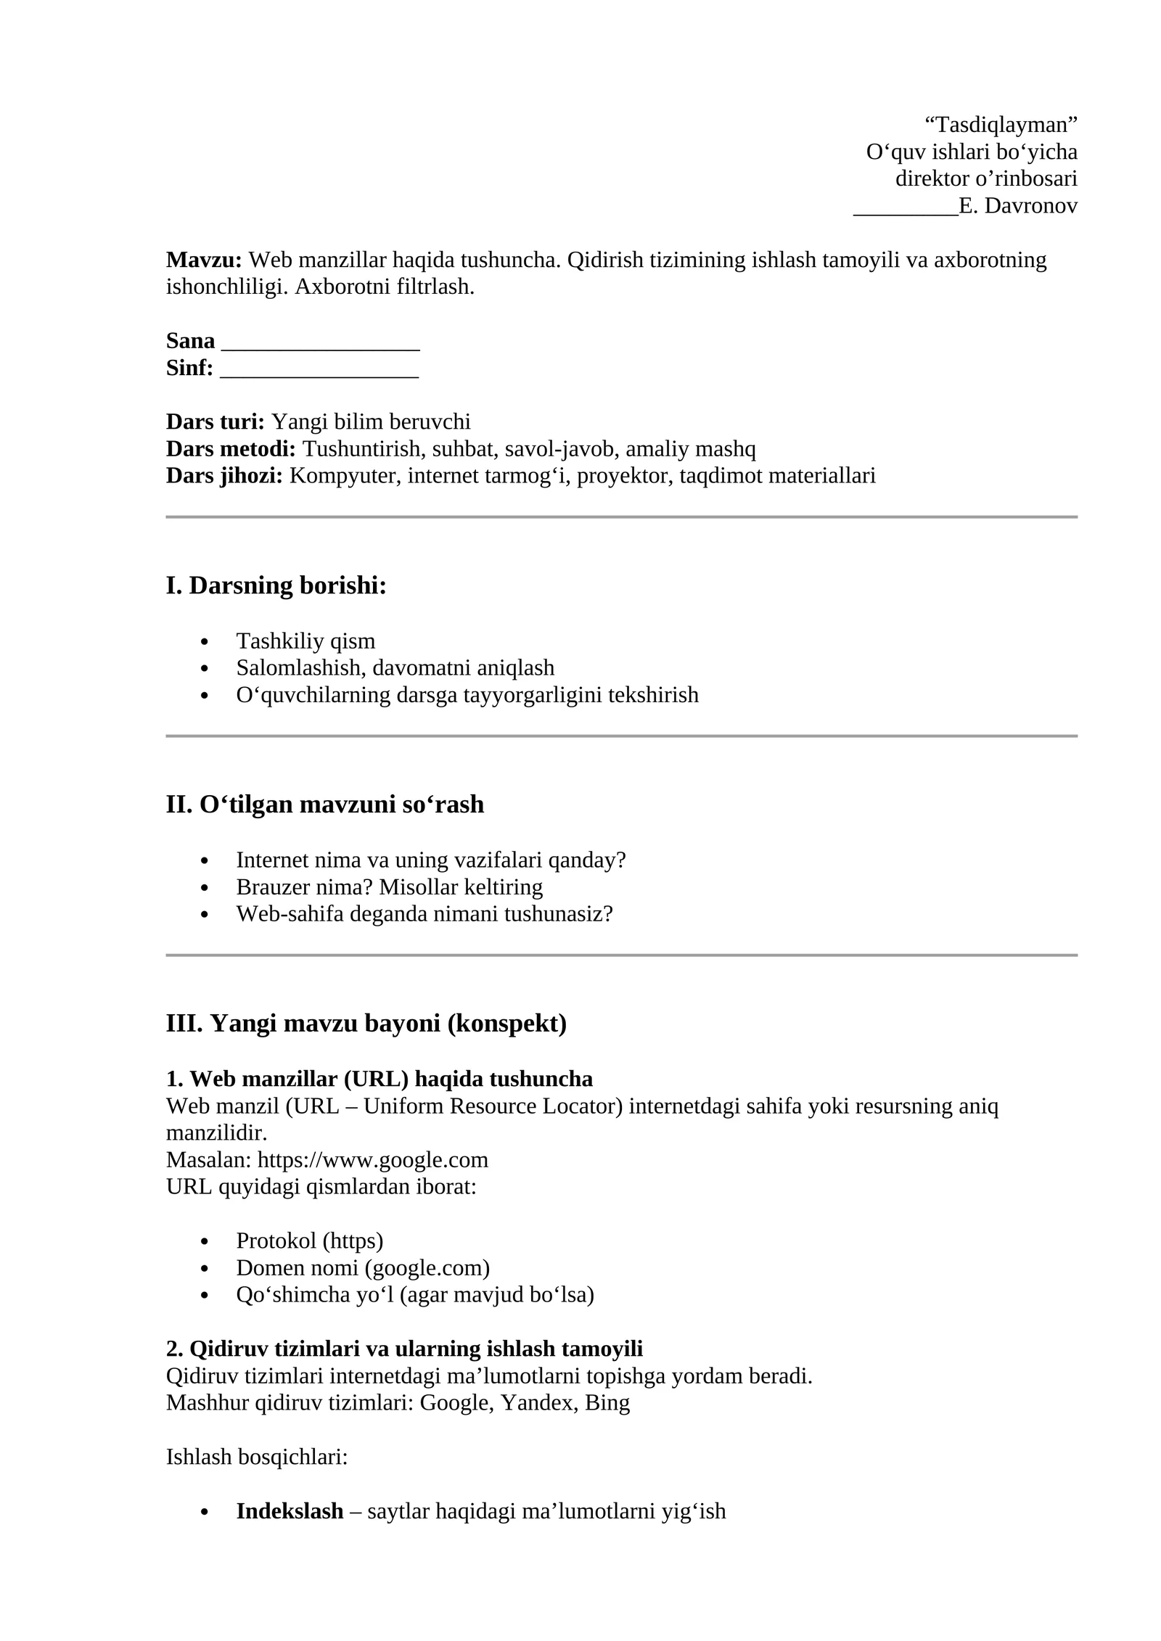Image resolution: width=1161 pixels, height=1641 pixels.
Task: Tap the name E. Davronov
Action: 1017,206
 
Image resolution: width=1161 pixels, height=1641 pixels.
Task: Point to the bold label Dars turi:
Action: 216,421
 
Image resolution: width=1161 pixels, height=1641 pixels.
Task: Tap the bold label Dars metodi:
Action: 231,449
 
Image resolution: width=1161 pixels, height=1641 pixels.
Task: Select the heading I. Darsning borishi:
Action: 276,585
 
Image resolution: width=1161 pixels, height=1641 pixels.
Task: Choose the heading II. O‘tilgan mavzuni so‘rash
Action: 324,805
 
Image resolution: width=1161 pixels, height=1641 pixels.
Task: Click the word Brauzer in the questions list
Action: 269,887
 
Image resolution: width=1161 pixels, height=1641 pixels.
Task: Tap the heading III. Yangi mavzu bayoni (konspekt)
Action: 366,1024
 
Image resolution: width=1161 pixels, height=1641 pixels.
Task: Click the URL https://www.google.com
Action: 372,1160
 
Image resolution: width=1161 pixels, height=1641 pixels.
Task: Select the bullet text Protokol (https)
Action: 309,1241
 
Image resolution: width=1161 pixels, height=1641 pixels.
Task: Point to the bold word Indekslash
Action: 290,1511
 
